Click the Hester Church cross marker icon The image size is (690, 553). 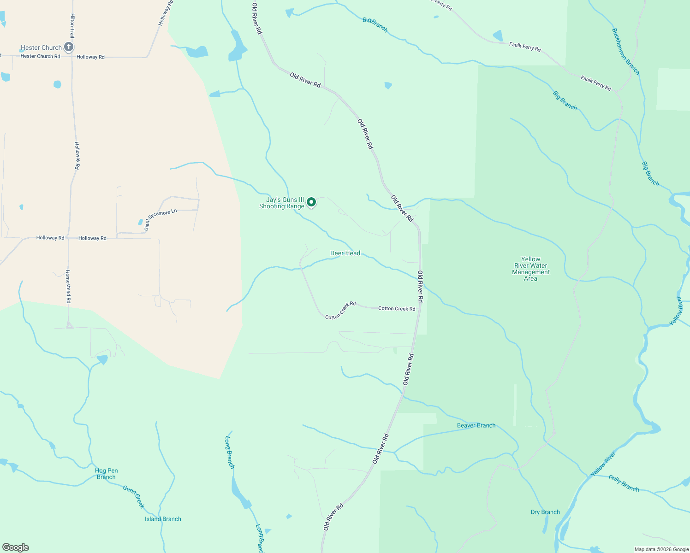(x=68, y=47)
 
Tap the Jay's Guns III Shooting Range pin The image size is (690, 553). (x=311, y=202)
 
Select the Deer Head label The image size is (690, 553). (x=345, y=253)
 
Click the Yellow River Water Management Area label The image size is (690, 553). (x=530, y=269)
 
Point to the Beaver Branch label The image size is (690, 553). (x=476, y=425)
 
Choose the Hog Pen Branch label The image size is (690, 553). (x=107, y=474)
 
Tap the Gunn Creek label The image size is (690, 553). (x=134, y=497)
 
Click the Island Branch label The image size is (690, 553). (x=163, y=519)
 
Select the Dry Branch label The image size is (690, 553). (x=545, y=512)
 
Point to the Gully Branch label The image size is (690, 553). (x=624, y=483)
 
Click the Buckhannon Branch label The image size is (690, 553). (x=625, y=51)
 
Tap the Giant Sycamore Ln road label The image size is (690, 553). (x=160, y=219)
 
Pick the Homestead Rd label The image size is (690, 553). (x=68, y=286)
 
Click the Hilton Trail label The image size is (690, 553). (x=72, y=25)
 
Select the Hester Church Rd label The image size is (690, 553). (x=40, y=56)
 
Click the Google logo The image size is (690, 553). (x=16, y=547)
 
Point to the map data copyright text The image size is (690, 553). (x=661, y=549)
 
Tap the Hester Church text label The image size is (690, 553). (x=41, y=47)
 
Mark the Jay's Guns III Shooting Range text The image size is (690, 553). (x=282, y=203)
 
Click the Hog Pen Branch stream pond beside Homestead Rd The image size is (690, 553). (x=102, y=359)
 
